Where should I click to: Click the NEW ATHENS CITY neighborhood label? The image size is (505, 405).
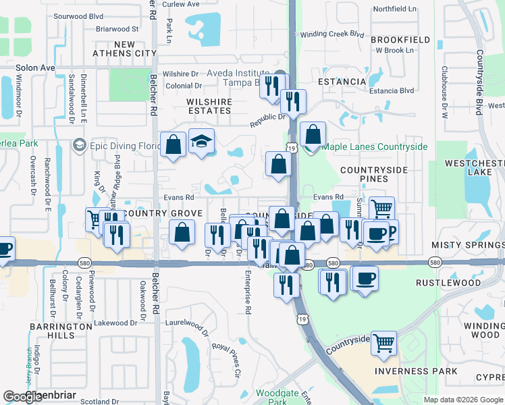[136, 49]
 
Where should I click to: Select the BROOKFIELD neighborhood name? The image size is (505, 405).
[400, 40]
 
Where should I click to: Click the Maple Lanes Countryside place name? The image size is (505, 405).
[375, 146]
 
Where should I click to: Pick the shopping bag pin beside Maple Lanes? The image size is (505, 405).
[313, 134]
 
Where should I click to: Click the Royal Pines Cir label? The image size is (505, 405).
[226, 359]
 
